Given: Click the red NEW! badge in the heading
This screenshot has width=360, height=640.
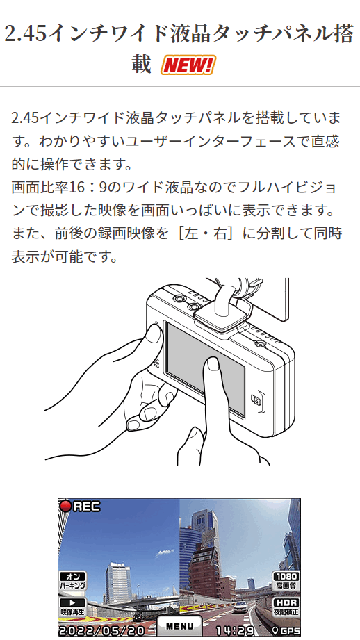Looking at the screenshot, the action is click(x=188, y=65).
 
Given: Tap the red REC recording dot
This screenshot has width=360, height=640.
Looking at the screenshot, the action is click(x=66, y=506).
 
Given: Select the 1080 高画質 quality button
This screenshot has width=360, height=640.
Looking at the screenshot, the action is click(x=286, y=581).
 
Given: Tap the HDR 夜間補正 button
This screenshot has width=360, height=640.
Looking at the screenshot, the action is click(x=286, y=607).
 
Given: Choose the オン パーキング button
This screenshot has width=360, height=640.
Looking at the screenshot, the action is click(x=73, y=581).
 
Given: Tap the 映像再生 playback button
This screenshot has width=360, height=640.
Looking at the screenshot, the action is click(x=73, y=607).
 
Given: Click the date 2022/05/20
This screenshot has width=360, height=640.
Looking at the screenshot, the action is click(x=101, y=630).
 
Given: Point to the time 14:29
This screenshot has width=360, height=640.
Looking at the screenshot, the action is click(x=234, y=630).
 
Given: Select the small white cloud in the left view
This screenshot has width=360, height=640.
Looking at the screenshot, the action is click(x=165, y=552).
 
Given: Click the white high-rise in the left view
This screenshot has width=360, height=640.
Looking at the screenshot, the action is click(x=118, y=582).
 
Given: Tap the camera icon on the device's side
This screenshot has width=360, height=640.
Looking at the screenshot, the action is click(x=256, y=400).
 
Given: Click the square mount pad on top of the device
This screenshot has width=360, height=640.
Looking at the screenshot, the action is click(x=221, y=315).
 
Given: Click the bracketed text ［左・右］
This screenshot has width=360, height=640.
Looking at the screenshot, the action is click(x=206, y=233).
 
